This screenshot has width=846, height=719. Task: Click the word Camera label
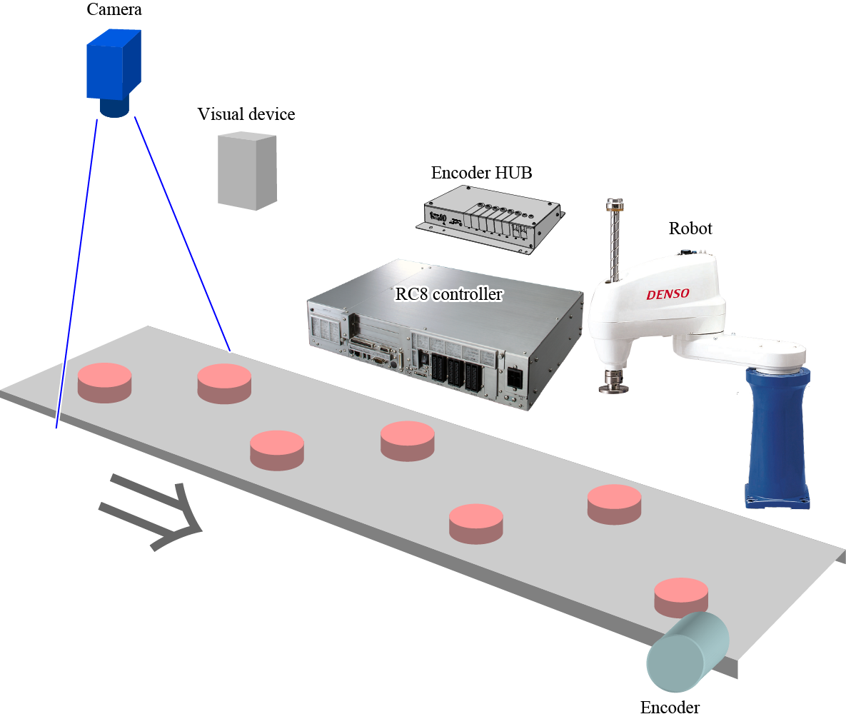coord(114,9)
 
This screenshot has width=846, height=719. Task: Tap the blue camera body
coord(114,66)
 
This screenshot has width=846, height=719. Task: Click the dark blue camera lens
coord(114,108)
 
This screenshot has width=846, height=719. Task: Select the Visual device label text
coord(246,114)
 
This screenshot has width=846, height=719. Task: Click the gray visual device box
coord(246,171)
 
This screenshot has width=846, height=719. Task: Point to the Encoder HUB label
coord(481,173)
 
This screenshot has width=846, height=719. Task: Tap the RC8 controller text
coord(448,293)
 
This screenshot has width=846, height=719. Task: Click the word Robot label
coord(690,228)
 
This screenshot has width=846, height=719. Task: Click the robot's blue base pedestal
coord(777,436)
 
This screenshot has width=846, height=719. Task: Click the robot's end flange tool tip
coord(613,386)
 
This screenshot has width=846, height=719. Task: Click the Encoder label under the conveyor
coord(669,708)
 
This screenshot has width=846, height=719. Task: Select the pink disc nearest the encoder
coord(682,597)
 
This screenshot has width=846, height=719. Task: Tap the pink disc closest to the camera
coord(104,381)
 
